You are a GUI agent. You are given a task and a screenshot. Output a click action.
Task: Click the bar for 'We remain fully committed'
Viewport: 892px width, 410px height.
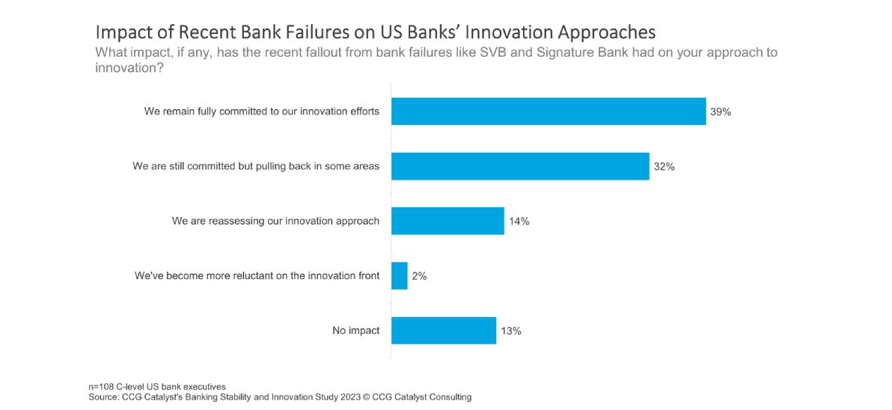pyautogui.click(x=549, y=111)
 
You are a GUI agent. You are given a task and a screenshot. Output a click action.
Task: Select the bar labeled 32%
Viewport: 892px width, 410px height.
pyautogui.click(x=521, y=166)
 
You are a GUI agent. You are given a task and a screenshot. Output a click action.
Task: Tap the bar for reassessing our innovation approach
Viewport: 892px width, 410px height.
pyautogui.click(x=447, y=221)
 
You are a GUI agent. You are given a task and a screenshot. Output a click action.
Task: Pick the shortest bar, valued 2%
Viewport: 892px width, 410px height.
pyautogui.click(x=400, y=276)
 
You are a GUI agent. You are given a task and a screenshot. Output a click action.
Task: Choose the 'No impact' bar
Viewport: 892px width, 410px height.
pyautogui.click(x=444, y=331)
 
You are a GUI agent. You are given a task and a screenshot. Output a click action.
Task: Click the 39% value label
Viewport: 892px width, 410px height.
pyautogui.click(x=720, y=112)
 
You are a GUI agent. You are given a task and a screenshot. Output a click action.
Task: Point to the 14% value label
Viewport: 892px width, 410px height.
pyautogui.click(x=519, y=221)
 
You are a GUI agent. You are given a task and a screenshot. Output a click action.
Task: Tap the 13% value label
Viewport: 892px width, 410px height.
pyautogui.click(x=511, y=331)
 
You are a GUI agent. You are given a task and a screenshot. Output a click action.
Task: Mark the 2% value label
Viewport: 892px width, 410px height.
pyautogui.click(x=419, y=276)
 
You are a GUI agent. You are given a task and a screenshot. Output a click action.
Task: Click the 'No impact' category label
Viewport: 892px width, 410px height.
pyautogui.click(x=356, y=331)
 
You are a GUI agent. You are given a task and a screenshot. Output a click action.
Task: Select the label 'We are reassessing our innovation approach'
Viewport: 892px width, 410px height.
pyautogui.click(x=276, y=221)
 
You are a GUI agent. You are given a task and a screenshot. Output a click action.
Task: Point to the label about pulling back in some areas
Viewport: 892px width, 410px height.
pyautogui.click(x=256, y=166)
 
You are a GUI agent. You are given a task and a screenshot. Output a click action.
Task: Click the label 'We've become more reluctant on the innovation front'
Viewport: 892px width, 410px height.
pyautogui.click(x=257, y=276)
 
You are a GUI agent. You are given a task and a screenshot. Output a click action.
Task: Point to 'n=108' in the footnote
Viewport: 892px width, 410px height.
pyautogui.click(x=102, y=388)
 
